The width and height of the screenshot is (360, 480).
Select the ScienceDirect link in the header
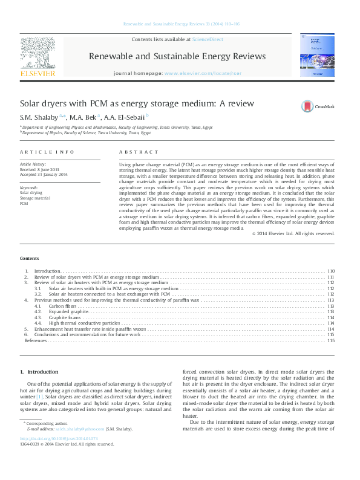point(207,39)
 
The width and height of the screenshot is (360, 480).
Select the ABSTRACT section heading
point(139,152)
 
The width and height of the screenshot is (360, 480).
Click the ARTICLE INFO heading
point(47,152)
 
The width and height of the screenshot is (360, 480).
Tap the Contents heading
point(30,258)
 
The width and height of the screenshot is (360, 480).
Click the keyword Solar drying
point(31,192)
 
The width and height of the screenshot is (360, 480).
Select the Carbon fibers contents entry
point(63,306)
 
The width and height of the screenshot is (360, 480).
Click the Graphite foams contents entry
point(64,317)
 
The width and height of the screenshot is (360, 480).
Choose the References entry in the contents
point(36,340)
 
